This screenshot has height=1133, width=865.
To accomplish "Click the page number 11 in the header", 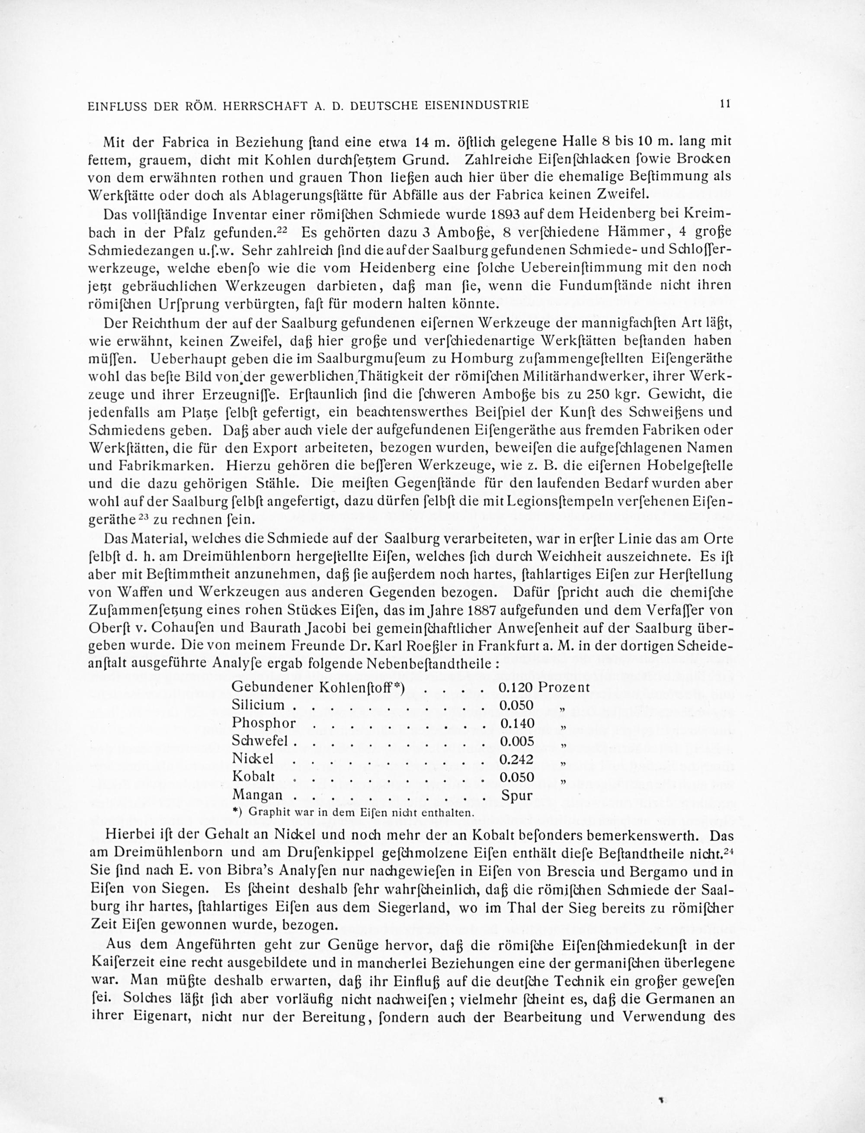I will [725, 103].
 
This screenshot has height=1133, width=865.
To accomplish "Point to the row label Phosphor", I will [264, 723].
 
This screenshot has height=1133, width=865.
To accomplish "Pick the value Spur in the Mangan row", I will [516, 795].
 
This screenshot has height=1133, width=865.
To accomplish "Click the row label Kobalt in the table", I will [253, 776].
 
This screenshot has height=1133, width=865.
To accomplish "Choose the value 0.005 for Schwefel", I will [516, 741].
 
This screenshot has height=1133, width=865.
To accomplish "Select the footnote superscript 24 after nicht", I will [727, 852].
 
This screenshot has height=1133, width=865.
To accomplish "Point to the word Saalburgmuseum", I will [352, 358].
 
